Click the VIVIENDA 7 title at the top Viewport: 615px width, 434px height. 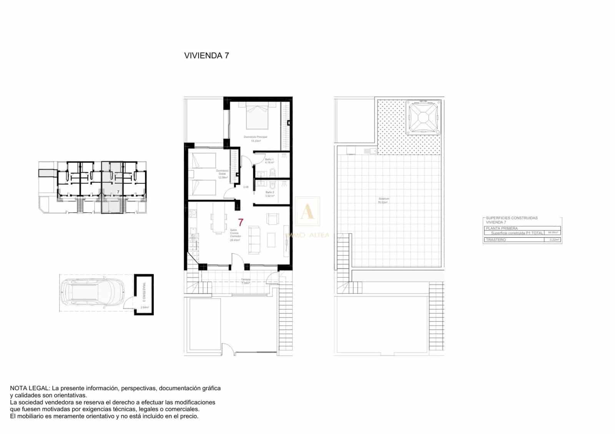point(207,55)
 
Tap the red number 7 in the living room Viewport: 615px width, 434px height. point(241,222)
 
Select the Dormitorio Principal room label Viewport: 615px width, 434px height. point(255,137)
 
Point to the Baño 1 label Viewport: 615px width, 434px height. point(269,159)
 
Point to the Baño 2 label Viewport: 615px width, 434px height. point(269,192)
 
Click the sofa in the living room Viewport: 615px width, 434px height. point(254,240)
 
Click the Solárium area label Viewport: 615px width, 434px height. point(383,199)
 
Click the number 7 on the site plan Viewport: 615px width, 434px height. point(118,191)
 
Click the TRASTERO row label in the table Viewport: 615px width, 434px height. point(496,240)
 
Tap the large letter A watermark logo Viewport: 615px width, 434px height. point(307,212)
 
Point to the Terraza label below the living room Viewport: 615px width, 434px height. point(246,279)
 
